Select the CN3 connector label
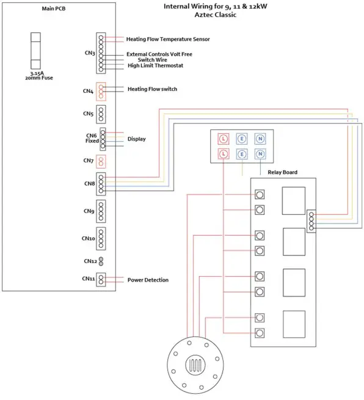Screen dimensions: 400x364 89,53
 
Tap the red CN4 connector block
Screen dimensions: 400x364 101,91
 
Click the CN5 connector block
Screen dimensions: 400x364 101,114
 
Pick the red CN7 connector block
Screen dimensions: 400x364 101,161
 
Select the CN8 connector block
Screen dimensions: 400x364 101,184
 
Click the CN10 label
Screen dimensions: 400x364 89,238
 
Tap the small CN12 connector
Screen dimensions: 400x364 101,261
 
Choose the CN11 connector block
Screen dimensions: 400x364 101,280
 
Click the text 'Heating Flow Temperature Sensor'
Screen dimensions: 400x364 168,39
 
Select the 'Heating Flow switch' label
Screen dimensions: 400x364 152,89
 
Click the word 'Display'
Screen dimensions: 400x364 136,139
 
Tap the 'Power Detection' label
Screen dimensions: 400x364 148,280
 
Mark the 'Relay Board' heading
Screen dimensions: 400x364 283,173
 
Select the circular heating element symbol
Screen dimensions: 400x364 195,365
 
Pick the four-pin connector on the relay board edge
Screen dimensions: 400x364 312,220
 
